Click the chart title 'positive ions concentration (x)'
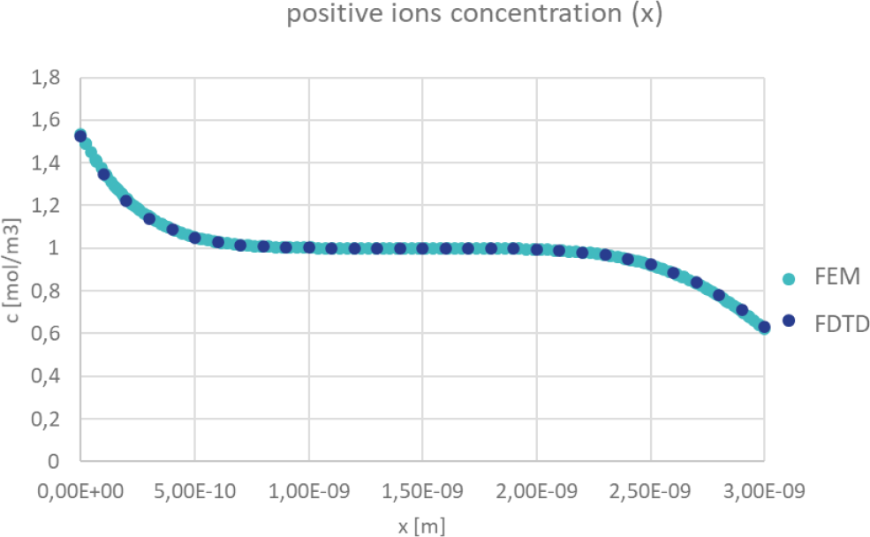click(x=473, y=16)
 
